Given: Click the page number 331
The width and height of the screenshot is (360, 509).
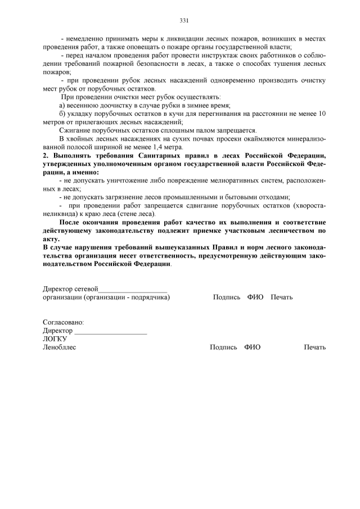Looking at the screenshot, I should pyautogui.click(x=183, y=21).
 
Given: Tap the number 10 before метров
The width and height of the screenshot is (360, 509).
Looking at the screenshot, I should pyautogui.click(x=322, y=114).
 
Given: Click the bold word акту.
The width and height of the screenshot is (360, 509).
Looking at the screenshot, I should pyautogui.click(x=51, y=239).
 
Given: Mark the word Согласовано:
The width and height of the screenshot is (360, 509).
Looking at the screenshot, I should pyautogui.click(x=63, y=323).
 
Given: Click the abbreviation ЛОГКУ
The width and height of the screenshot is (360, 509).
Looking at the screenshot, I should pyautogui.click(x=55, y=339).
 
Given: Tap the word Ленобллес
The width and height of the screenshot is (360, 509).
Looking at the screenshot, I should pyautogui.click(x=59, y=348).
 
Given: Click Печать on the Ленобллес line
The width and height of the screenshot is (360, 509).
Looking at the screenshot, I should pyautogui.click(x=314, y=348).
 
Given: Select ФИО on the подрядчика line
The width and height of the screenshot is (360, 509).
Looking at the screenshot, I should pyautogui.click(x=255, y=297).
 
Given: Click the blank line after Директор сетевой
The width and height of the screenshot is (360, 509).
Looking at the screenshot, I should pyautogui.click(x=133, y=289).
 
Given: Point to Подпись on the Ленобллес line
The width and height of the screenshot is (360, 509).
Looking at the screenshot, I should pyautogui.click(x=223, y=348).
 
